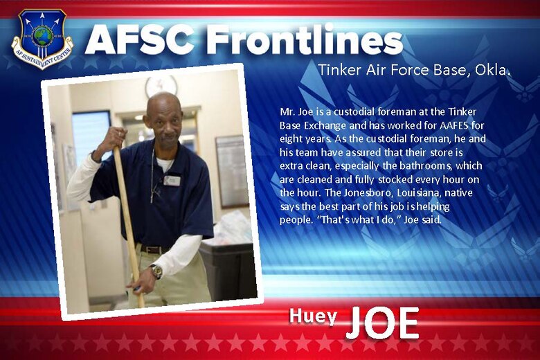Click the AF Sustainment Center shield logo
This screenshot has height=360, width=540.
pos(42,39)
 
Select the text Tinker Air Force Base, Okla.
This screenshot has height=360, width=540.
pos(414,71)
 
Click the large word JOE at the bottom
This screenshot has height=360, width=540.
pos(382,321)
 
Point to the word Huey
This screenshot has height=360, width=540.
pos(313,316)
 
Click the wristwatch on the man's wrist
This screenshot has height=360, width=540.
pos(156,271)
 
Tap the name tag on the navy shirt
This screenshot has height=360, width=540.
pos(172,181)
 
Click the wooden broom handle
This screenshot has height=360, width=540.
pos(128,222)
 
